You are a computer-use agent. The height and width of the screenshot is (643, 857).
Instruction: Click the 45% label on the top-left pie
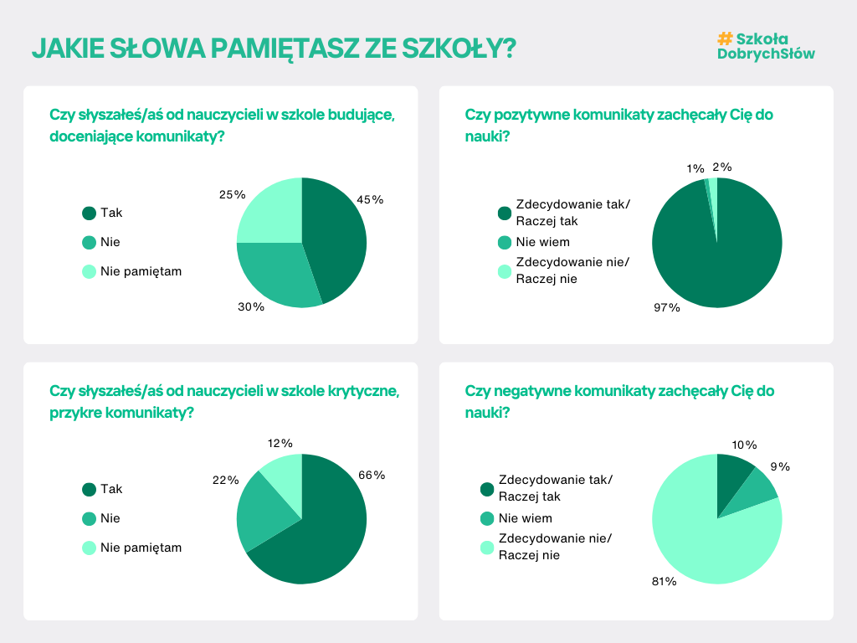370,199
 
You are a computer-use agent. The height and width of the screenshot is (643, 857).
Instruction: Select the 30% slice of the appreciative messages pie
272,272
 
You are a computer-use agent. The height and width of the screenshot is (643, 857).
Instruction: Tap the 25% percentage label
233,194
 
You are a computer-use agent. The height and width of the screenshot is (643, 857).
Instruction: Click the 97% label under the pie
667,307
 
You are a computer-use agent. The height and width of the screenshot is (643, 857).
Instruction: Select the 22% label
226,480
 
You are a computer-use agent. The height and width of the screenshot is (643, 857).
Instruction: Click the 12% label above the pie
280,443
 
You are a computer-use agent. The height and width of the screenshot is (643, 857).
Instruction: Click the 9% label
780,466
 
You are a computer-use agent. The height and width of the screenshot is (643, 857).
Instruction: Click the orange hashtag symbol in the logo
725,39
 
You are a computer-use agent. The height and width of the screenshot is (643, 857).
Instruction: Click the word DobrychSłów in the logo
766,54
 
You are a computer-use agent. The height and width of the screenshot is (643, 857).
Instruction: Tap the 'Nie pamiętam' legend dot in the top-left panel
89,271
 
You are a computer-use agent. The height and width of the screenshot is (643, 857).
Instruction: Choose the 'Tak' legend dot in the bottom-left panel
89,489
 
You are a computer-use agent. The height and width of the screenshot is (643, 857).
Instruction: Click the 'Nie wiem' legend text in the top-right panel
542,242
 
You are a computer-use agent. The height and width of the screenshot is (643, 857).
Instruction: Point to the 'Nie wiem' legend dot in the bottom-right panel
487,518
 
